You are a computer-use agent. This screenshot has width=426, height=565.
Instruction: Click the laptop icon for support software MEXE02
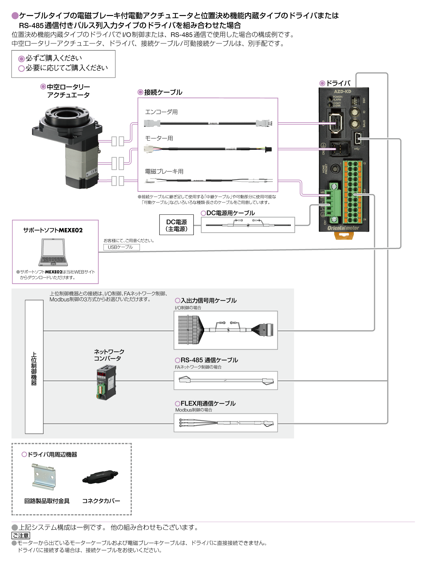click(53, 252)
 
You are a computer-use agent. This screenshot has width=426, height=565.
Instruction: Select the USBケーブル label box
click(121, 247)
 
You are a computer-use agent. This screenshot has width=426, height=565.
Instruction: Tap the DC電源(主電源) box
click(177, 225)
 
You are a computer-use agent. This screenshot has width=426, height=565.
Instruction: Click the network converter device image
click(106, 382)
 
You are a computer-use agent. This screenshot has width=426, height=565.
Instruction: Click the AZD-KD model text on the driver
click(342, 92)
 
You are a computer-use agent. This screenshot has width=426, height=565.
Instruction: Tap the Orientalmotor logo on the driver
click(343, 228)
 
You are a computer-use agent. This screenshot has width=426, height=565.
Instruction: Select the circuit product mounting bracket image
click(44, 476)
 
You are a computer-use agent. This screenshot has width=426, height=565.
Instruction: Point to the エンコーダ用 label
click(161, 112)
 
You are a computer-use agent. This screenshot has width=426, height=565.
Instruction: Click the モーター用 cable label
click(159, 138)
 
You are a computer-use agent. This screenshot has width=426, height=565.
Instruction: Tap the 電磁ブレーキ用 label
click(164, 171)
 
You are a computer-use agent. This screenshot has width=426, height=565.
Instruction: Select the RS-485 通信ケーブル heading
click(209, 360)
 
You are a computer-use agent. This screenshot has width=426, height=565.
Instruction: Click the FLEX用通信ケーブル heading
click(208, 403)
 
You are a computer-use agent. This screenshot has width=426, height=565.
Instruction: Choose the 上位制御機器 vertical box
click(34, 367)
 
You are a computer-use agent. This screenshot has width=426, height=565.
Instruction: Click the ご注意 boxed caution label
click(21, 535)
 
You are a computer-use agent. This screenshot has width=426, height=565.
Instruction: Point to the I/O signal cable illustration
click(225, 330)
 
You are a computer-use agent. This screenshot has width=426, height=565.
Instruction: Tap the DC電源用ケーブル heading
click(230, 213)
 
